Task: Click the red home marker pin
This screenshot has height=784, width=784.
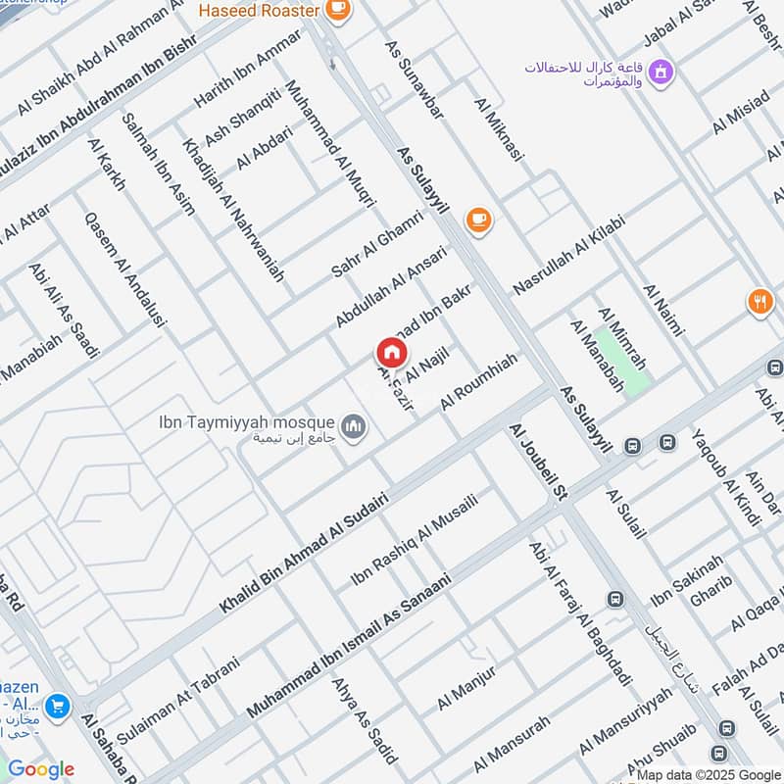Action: [391, 353]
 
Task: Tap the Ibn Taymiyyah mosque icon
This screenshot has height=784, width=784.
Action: [354, 426]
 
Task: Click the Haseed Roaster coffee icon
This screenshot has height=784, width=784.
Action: [337, 10]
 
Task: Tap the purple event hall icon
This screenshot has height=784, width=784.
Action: [662, 71]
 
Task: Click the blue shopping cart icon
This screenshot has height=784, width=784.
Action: [57, 705]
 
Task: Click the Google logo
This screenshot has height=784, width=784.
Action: [41, 769]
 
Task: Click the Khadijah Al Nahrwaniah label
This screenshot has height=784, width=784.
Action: [232, 210]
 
